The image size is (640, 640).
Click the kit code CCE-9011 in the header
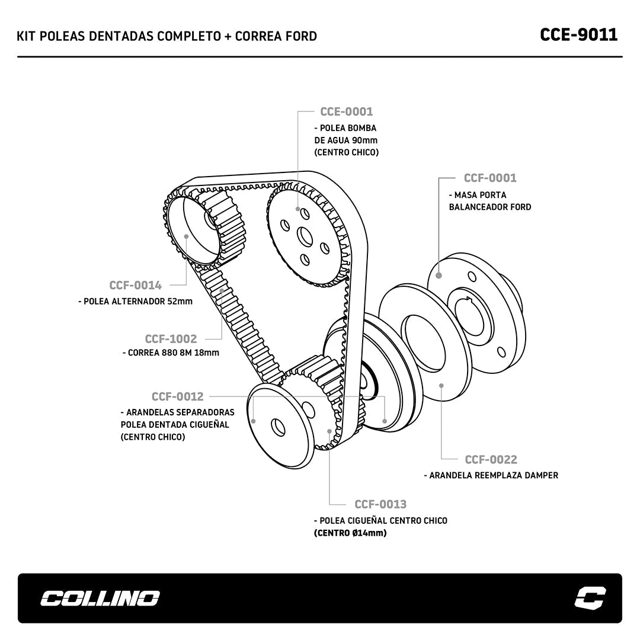pyautogui.click(x=578, y=34)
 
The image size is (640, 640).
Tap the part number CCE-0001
pyautogui.click(x=346, y=111)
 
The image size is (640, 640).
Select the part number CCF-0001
pyautogui.click(x=490, y=178)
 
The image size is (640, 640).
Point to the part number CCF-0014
pyautogui.click(x=135, y=286)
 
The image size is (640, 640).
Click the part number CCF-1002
pyautogui.click(x=171, y=339)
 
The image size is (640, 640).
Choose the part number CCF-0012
pyautogui.click(x=177, y=396)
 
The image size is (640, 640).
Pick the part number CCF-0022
pyautogui.click(x=491, y=459)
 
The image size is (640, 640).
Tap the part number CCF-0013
pyautogui.click(x=380, y=504)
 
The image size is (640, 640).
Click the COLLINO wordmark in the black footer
pyautogui.click(x=100, y=598)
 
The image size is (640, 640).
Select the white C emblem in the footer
pyautogui.click(x=590, y=597)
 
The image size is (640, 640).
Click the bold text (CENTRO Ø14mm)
pyautogui.click(x=350, y=533)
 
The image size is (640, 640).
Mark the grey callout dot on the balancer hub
pyautogui.click(x=439, y=275)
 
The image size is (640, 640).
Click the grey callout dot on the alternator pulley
pyautogui.click(x=187, y=236)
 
